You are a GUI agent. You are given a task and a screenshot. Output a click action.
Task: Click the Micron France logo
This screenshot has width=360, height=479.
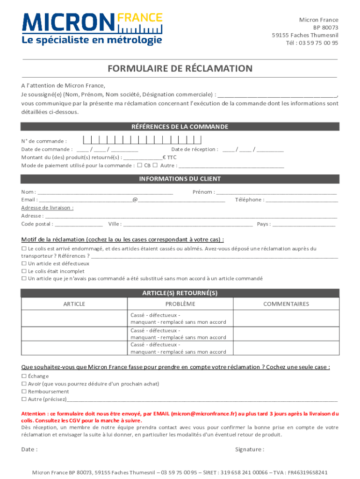tap(92, 29)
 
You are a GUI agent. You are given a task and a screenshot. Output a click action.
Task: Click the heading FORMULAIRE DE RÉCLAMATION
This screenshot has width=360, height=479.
tap(180, 69)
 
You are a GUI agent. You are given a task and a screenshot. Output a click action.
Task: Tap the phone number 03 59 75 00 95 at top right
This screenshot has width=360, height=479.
tap(318, 43)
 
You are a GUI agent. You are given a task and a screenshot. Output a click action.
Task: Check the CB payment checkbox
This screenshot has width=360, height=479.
tap(140, 165)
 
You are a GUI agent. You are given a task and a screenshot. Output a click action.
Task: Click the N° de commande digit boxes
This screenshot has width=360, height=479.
tap(142, 139)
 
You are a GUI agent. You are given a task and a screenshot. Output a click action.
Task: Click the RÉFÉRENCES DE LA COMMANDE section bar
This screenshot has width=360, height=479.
tap(180, 127)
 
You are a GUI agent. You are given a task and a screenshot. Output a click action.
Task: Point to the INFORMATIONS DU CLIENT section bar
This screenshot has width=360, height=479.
tap(180, 179)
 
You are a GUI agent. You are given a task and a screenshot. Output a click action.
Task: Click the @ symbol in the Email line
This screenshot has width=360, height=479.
tap(135, 200)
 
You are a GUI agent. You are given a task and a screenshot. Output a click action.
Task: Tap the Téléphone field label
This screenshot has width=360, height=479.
tap(249, 200)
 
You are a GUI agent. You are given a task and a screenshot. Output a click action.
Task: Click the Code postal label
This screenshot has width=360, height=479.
tap(37, 224)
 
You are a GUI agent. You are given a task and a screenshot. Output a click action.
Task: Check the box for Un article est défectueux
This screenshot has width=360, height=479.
tap(24, 263)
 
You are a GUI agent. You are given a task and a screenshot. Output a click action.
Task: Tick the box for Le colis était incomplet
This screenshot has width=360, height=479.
tap(24, 271)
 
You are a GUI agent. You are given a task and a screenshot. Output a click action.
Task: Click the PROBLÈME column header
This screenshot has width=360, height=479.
tap(180, 304)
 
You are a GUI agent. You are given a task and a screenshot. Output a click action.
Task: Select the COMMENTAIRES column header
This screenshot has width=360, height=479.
tap(286, 304)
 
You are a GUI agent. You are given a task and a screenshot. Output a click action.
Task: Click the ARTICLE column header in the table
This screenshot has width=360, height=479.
tap(74, 304)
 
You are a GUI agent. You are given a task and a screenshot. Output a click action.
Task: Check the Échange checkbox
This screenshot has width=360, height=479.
tap(24, 376)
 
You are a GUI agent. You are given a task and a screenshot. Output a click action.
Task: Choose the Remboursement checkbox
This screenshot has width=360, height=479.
tap(24, 392)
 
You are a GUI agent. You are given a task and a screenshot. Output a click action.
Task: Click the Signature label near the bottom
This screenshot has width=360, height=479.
tap(249, 450)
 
